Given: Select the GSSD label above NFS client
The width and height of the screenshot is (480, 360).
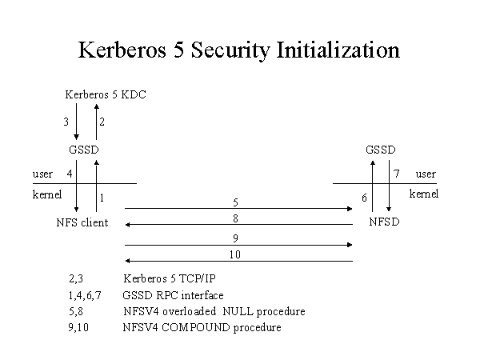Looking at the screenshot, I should [86, 150].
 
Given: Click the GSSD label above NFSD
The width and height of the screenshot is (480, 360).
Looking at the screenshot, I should [380, 150].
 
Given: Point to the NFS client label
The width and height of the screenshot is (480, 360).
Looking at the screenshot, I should [82, 222].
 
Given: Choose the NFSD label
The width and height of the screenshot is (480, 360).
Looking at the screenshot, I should [384, 222].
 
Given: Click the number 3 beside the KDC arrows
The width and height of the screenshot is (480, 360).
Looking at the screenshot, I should [66, 122].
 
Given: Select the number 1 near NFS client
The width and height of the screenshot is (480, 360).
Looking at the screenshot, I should [102, 198].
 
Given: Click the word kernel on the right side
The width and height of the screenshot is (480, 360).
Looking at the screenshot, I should [424, 193].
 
